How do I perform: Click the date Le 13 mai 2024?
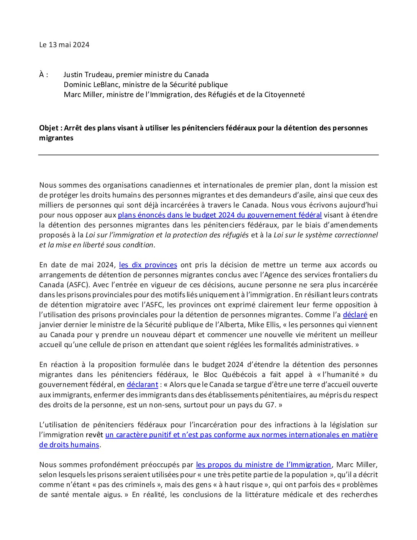pyautogui.click(x=64, y=45)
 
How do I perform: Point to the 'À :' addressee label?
pyautogui.click(x=44, y=75)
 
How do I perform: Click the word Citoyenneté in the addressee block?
pyautogui.click(x=284, y=95)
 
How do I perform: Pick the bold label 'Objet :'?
pyautogui.click(x=50, y=128)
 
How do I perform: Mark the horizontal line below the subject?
pyautogui.click(x=208, y=155)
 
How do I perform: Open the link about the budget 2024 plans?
pyautogui.click(x=220, y=215)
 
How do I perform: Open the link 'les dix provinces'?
pyautogui.click(x=148, y=265)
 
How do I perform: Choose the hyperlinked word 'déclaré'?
pyautogui.click(x=355, y=315)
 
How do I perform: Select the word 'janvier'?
pyautogui.click(x=51, y=325)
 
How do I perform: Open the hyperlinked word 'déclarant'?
pyautogui.click(x=142, y=385)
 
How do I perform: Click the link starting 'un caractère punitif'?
pyautogui.click(x=241, y=435)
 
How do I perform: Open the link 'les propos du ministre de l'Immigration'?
pyautogui.click(x=263, y=465)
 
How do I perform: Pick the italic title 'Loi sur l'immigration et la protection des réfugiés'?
pyautogui.click(x=167, y=235)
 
